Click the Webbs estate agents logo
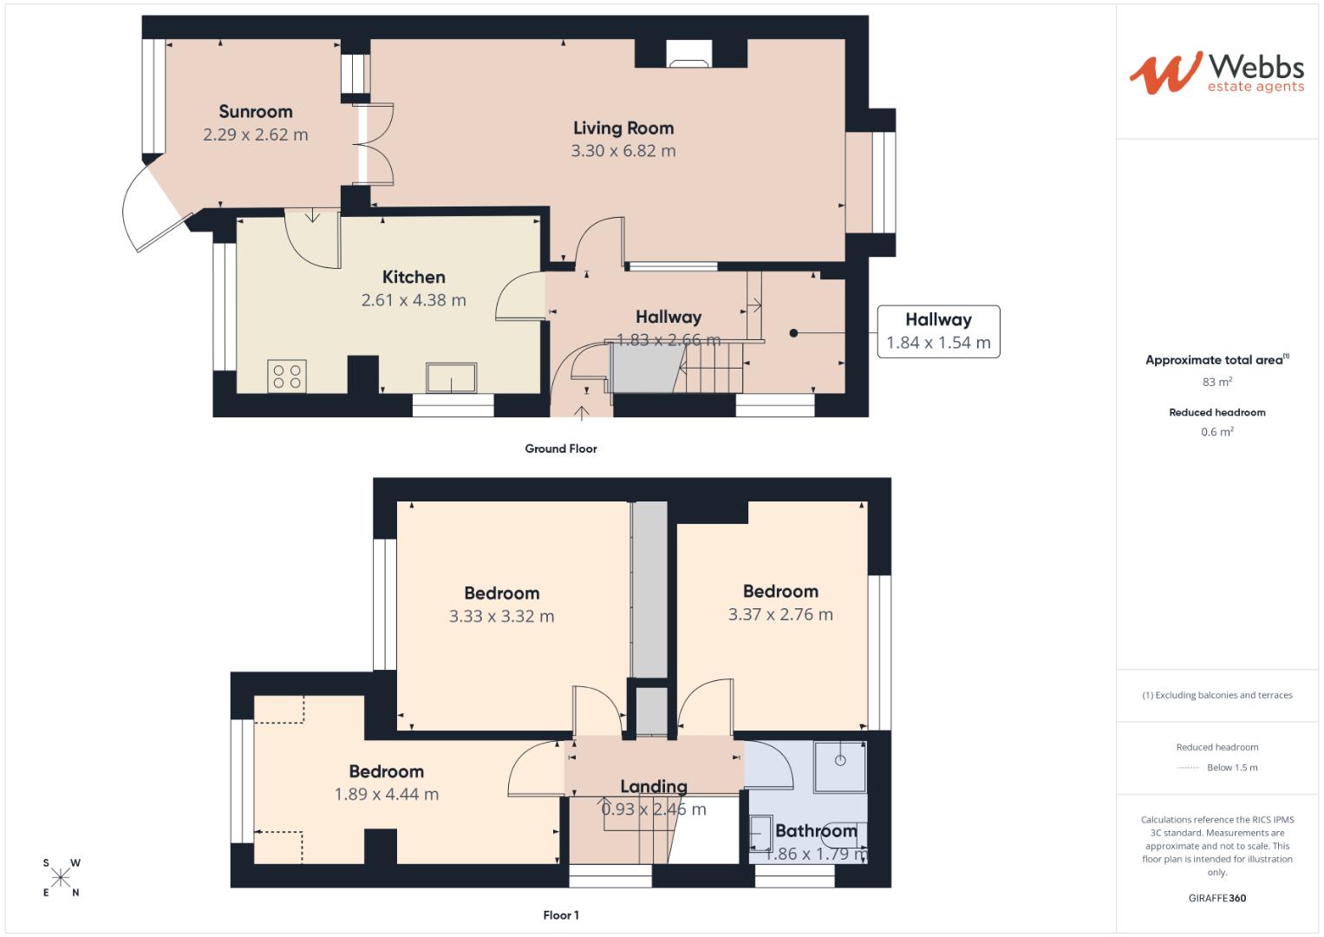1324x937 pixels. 1216,73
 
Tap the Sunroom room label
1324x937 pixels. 255,111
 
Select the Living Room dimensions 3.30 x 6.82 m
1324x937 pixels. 623,151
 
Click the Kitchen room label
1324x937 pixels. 414,277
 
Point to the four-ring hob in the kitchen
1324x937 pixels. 287,376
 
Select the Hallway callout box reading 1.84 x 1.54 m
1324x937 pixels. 938,331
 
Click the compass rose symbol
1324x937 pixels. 61,877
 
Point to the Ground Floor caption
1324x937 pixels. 560,449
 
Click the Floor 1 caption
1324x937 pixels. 560,915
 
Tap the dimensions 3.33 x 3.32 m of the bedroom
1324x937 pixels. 501,617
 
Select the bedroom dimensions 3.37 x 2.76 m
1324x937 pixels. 780,615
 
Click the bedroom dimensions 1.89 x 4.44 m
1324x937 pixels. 386,795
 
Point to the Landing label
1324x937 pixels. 653,786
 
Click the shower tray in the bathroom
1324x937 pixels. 839,766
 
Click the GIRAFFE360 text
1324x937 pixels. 1216,898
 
